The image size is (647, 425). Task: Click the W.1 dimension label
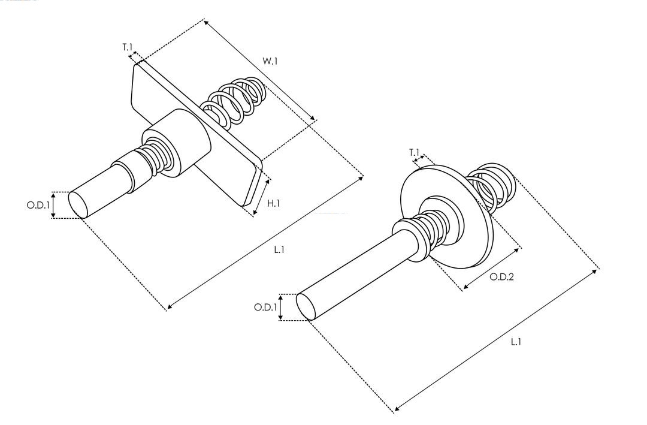point(270,61)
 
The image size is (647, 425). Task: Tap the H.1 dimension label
point(273,204)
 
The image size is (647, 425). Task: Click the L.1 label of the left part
point(279,250)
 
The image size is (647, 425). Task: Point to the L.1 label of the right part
point(516,342)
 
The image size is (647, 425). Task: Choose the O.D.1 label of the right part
point(265,308)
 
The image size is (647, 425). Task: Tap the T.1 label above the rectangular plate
point(127,46)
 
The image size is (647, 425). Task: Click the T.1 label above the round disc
point(414,152)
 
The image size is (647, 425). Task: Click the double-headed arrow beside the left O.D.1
point(53,205)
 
